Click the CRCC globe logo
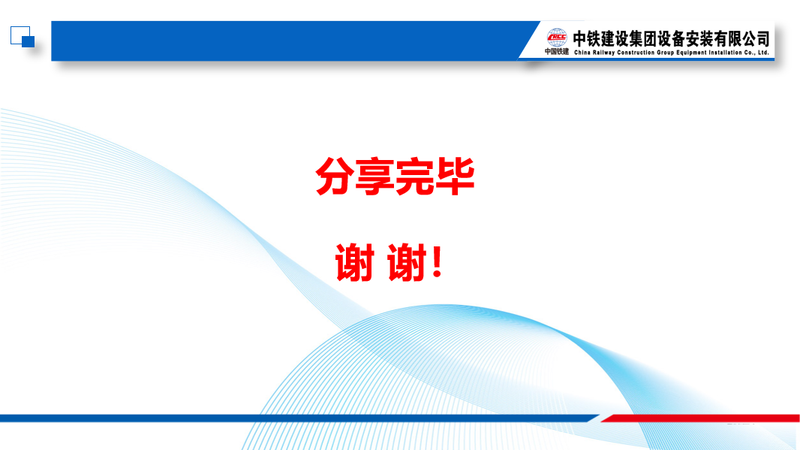coord(557,38)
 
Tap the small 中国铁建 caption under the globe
coord(557,52)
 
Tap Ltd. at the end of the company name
coord(763,53)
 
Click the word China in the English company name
coord(582,53)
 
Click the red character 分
coord(335,177)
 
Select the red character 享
coord(375,177)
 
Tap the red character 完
coord(415,177)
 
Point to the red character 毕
coord(455,177)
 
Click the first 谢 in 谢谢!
coord(355,262)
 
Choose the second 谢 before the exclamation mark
coord(407,262)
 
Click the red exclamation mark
coord(437,261)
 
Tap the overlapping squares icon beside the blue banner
coord(23,37)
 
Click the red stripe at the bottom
coord(700,418)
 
